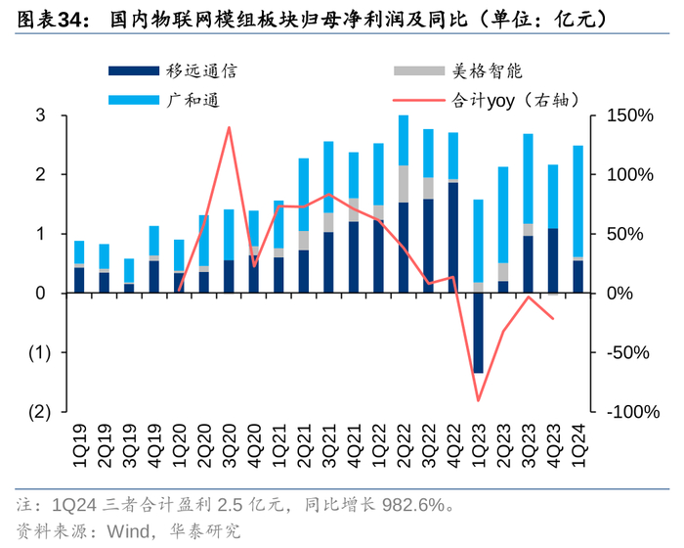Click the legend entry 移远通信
click(195, 71)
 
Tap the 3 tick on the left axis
click(41, 115)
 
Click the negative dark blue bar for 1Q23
click(479, 333)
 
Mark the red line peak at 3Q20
click(230, 127)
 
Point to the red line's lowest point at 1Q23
click(479, 400)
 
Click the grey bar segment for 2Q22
click(404, 184)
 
